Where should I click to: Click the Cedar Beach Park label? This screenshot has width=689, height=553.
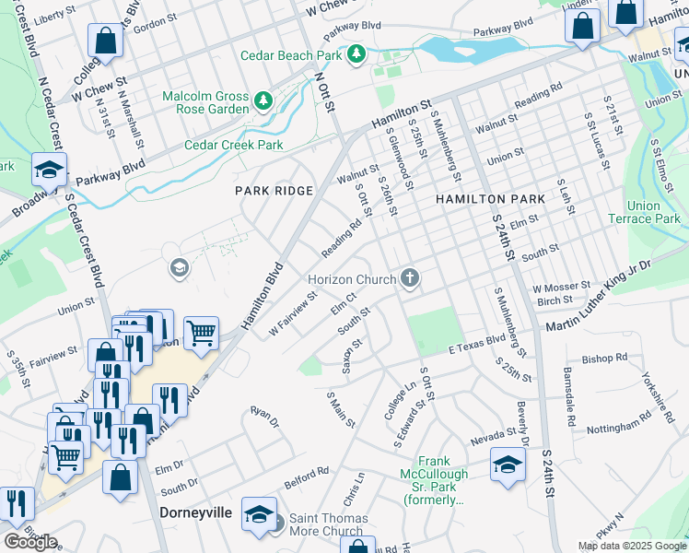(x=291, y=55)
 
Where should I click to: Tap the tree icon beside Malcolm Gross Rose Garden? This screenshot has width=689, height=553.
(x=263, y=99)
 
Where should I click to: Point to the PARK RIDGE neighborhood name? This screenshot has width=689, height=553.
(x=274, y=191)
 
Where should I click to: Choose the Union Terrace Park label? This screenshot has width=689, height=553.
(x=644, y=212)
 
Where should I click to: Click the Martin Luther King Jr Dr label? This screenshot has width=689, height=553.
(x=599, y=297)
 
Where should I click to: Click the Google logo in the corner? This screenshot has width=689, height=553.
(x=29, y=542)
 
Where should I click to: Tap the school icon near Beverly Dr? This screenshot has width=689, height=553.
(x=508, y=464)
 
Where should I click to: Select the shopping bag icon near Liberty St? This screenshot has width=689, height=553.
(x=105, y=41)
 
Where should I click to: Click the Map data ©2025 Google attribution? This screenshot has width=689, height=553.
(x=632, y=546)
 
